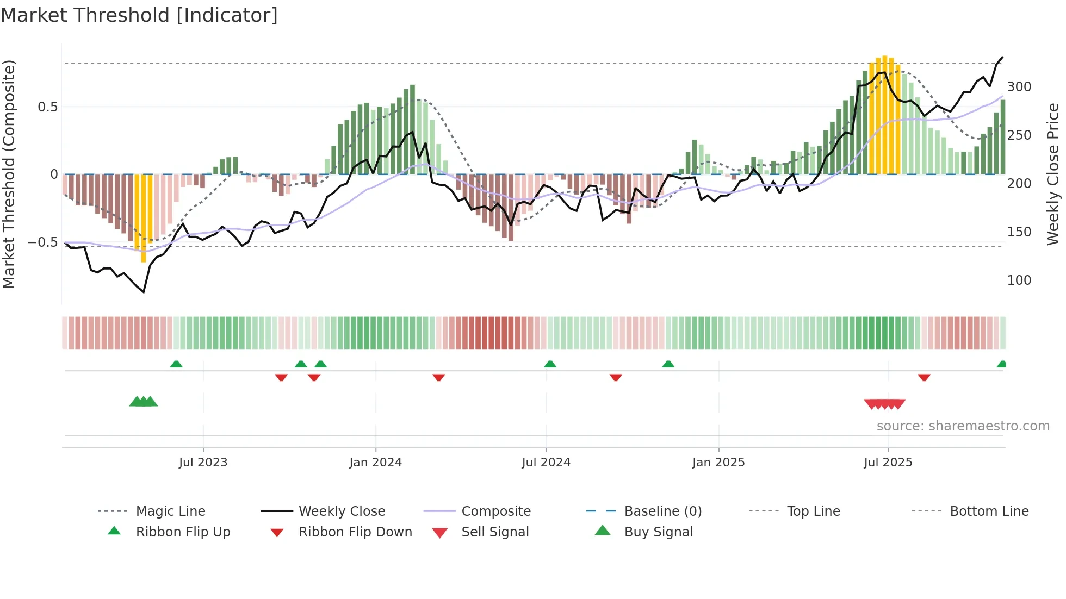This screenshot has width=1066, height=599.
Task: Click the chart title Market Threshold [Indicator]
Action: click(x=139, y=15)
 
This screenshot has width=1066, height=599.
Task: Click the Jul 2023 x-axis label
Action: click(x=203, y=463)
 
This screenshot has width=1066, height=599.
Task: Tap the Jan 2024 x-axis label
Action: click(x=375, y=463)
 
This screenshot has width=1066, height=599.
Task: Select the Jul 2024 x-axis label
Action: click(x=546, y=463)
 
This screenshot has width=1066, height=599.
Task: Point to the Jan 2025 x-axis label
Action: click(x=718, y=463)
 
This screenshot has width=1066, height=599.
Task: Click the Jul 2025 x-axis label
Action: click(x=888, y=463)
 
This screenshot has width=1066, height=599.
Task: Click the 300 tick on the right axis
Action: click(x=1019, y=87)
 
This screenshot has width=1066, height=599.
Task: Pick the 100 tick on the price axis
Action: click(x=1019, y=280)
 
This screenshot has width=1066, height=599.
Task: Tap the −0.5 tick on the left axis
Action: click(x=43, y=242)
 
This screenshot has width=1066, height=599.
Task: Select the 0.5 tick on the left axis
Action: click(x=47, y=107)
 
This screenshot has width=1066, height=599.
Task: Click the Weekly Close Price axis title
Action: click(x=1053, y=174)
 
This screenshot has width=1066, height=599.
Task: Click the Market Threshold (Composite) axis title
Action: click(x=9, y=174)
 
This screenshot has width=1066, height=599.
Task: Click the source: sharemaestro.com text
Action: click(x=963, y=426)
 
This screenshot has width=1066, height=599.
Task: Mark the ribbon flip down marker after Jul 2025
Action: click(x=924, y=378)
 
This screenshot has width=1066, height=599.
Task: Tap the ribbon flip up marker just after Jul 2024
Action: click(x=550, y=364)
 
